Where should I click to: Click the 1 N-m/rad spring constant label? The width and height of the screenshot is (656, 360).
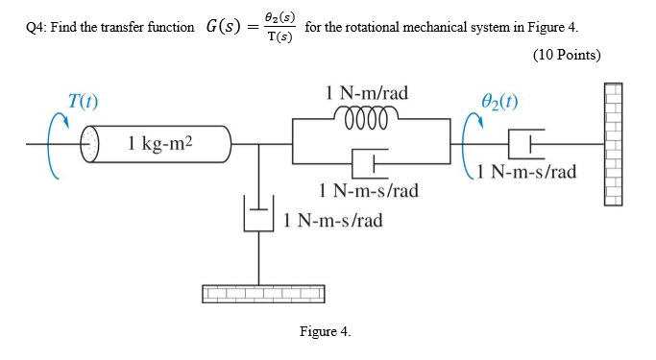point(369,93)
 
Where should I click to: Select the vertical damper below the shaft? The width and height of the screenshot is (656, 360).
point(256,213)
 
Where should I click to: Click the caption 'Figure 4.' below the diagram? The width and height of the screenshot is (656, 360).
point(325,331)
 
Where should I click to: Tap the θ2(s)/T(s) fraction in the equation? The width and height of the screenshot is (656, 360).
point(280,27)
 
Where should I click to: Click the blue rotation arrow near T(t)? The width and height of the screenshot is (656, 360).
point(60,144)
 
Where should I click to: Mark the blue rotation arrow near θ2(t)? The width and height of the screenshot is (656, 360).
point(472,144)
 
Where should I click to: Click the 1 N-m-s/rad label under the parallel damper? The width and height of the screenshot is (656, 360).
point(369,190)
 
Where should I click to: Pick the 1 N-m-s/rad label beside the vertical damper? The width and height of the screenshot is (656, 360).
point(333,220)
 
